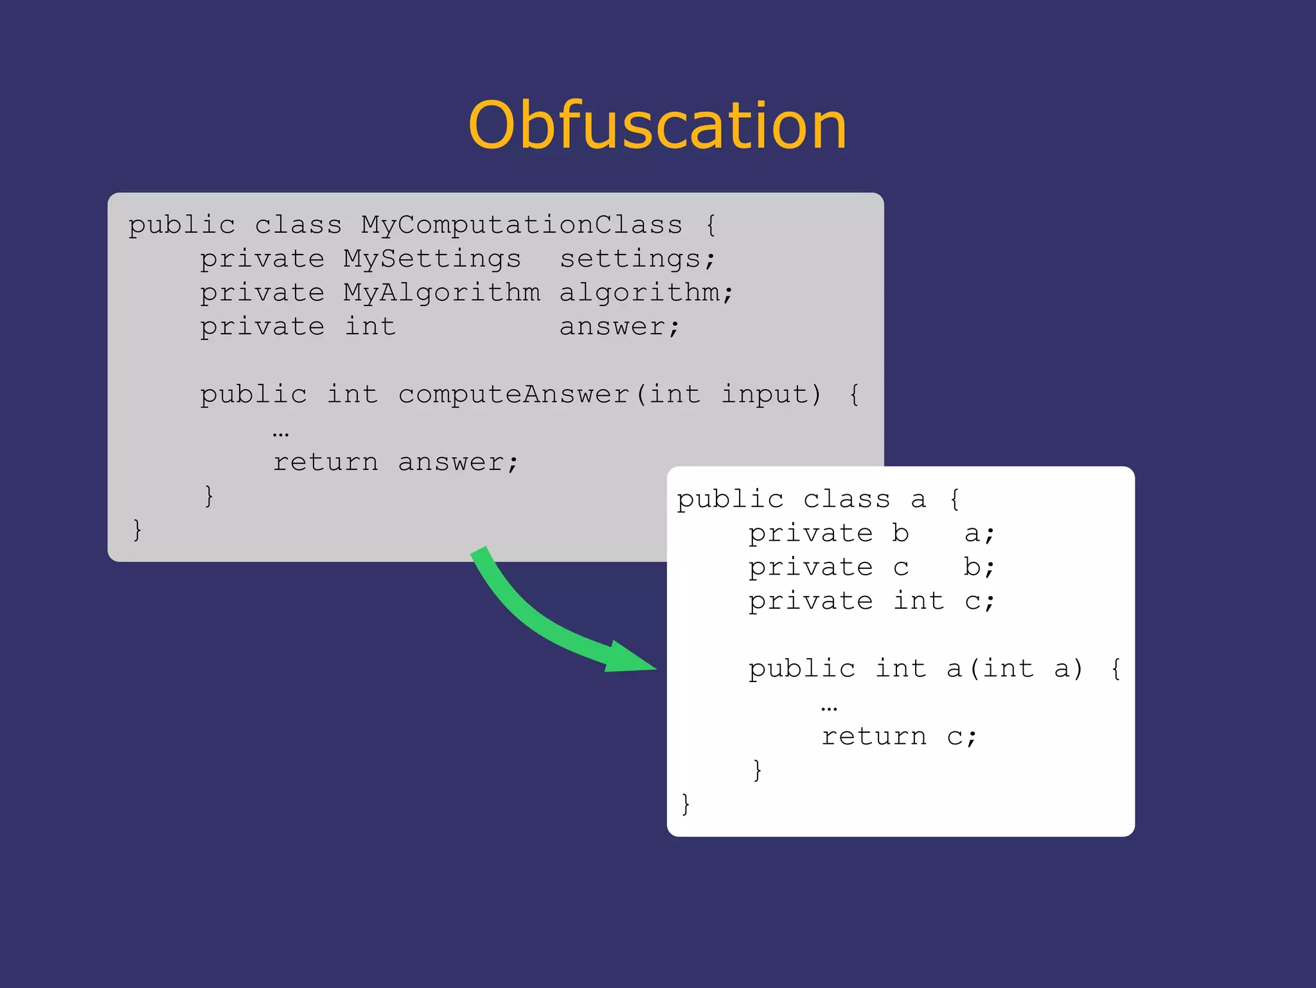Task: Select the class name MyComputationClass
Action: click(521, 225)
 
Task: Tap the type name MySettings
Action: click(431, 259)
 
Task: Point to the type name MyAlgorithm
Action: click(441, 293)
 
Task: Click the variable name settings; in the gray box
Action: click(637, 259)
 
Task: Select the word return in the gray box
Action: click(325, 462)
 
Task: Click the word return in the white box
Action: click(874, 737)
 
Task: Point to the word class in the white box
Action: click(846, 499)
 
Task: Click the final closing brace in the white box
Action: click(686, 804)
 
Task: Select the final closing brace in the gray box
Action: click(137, 530)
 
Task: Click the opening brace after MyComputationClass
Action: click(710, 225)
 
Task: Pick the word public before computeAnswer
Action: click(253, 394)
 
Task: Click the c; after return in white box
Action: click(961, 737)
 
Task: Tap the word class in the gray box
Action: click(298, 225)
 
